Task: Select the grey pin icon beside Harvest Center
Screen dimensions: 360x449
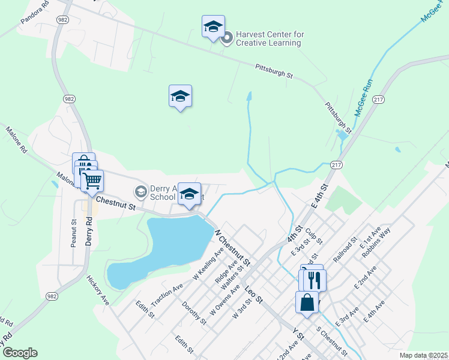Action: point(227,39)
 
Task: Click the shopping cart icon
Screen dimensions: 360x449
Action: point(92,179)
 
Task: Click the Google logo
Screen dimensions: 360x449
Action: point(19,353)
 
